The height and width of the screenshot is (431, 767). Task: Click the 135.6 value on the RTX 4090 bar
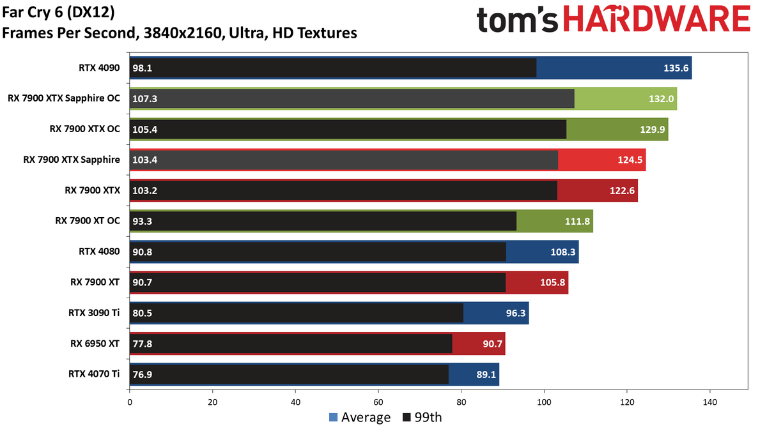676,68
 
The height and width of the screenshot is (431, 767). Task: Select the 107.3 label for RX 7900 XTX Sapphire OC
145,99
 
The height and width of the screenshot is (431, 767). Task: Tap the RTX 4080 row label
99,252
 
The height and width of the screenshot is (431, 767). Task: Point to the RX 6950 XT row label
95,344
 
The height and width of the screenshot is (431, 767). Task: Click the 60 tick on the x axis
378,402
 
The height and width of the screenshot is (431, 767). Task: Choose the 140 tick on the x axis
710,402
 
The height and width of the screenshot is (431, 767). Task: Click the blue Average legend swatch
333,418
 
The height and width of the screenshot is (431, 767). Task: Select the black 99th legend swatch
407,418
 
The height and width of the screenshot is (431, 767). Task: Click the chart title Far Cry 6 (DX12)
58,13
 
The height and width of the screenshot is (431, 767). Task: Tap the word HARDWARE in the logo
657,19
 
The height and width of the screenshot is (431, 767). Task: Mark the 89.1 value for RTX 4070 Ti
486,375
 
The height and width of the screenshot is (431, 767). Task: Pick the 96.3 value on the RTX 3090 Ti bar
516,313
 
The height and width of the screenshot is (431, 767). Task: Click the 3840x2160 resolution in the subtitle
182,33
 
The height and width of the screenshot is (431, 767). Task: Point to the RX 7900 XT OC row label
88,221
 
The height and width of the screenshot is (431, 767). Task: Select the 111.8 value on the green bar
577,222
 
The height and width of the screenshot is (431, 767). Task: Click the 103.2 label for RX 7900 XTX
145,190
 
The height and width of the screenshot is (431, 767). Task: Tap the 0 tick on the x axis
130,402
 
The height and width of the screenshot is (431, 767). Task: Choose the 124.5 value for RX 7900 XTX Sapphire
630,160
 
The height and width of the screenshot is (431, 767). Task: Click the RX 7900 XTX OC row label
85,129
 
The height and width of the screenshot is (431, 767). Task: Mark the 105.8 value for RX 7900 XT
553,282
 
